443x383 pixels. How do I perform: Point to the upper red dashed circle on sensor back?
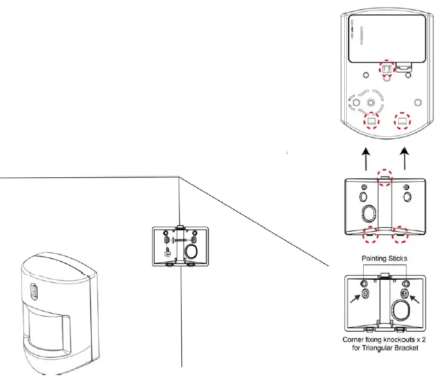386,69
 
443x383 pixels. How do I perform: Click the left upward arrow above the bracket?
365,159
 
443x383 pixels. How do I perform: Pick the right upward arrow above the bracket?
406,159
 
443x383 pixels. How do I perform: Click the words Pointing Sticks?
385,258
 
